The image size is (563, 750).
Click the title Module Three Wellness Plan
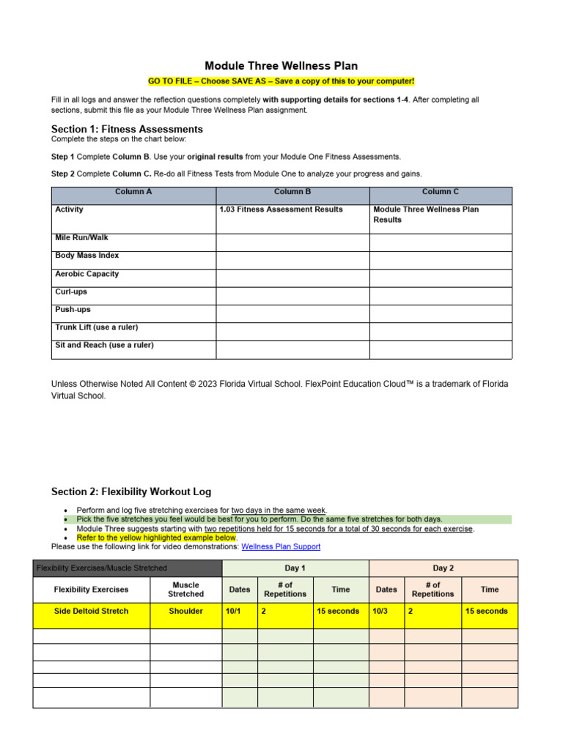(281, 66)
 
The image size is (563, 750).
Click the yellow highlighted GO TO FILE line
(281, 81)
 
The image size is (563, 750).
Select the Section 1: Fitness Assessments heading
(127, 129)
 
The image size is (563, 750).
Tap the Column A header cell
(133, 192)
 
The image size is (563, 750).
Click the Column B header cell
(292, 192)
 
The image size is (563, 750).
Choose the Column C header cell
(441, 192)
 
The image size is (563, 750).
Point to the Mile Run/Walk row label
(81, 238)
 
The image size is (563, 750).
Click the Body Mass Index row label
(87, 256)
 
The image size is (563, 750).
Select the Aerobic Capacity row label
(87, 274)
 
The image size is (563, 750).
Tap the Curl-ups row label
(70, 292)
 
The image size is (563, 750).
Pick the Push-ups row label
(73, 310)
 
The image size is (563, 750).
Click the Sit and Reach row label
(104, 345)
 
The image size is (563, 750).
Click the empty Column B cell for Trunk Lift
(292, 331)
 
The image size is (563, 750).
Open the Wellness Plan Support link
(281, 546)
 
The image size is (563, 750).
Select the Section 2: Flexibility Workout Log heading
(131, 491)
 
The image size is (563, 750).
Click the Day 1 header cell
(295, 568)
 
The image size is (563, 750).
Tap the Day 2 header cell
(443, 568)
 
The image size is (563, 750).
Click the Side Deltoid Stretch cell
(91, 611)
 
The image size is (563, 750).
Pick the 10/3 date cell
(386, 611)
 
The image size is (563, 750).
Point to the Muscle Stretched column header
(185, 590)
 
